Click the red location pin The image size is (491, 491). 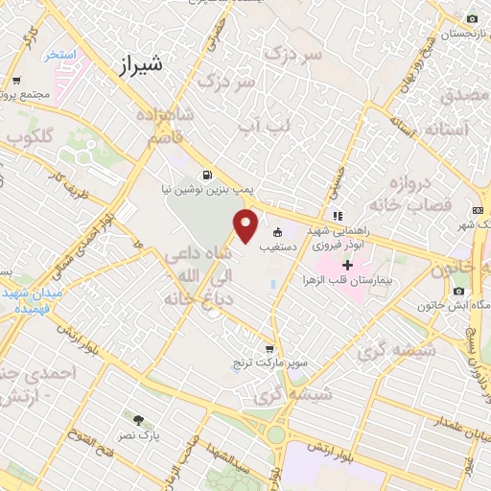pos(246,227)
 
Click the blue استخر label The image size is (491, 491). pos(59,55)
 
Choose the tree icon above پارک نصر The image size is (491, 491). pos(138,420)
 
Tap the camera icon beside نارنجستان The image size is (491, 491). pos(472,19)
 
